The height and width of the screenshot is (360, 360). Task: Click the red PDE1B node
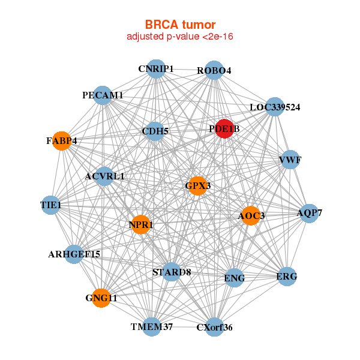click(x=224, y=129)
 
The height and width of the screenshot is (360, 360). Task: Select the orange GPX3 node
click(x=197, y=186)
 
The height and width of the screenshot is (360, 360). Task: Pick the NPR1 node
click(x=140, y=225)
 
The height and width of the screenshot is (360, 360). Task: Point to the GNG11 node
click(x=101, y=298)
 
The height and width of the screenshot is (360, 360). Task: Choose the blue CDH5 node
click(x=155, y=131)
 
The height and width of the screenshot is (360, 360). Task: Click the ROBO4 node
click(x=214, y=71)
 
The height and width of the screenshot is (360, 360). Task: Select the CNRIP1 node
click(x=155, y=69)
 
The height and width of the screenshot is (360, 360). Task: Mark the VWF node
click(x=290, y=160)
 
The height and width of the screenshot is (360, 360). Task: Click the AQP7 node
click(x=309, y=213)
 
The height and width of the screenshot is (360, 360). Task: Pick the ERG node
click(x=287, y=277)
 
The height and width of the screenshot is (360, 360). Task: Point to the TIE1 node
click(x=51, y=205)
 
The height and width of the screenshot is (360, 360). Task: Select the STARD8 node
click(x=171, y=272)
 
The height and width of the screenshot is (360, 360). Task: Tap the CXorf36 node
click(x=214, y=328)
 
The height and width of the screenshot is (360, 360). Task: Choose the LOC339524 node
click(x=274, y=107)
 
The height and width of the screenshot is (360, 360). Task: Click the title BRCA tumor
click(x=180, y=25)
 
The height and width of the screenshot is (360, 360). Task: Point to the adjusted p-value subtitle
click(x=180, y=37)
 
